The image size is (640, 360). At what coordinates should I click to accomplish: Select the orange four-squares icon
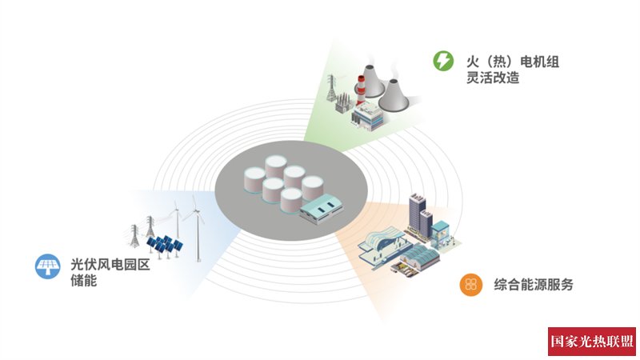coord(470,284)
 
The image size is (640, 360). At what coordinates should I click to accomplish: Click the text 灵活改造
coord(493,78)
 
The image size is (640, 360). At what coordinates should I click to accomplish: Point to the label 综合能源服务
coord(534,284)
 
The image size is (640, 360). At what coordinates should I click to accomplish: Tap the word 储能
coord(84,281)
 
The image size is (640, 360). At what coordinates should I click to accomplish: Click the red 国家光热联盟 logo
coord(592,341)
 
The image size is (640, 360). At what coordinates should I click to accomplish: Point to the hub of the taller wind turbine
coord(194,212)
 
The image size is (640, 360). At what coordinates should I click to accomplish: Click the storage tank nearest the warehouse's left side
coord(290,198)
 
